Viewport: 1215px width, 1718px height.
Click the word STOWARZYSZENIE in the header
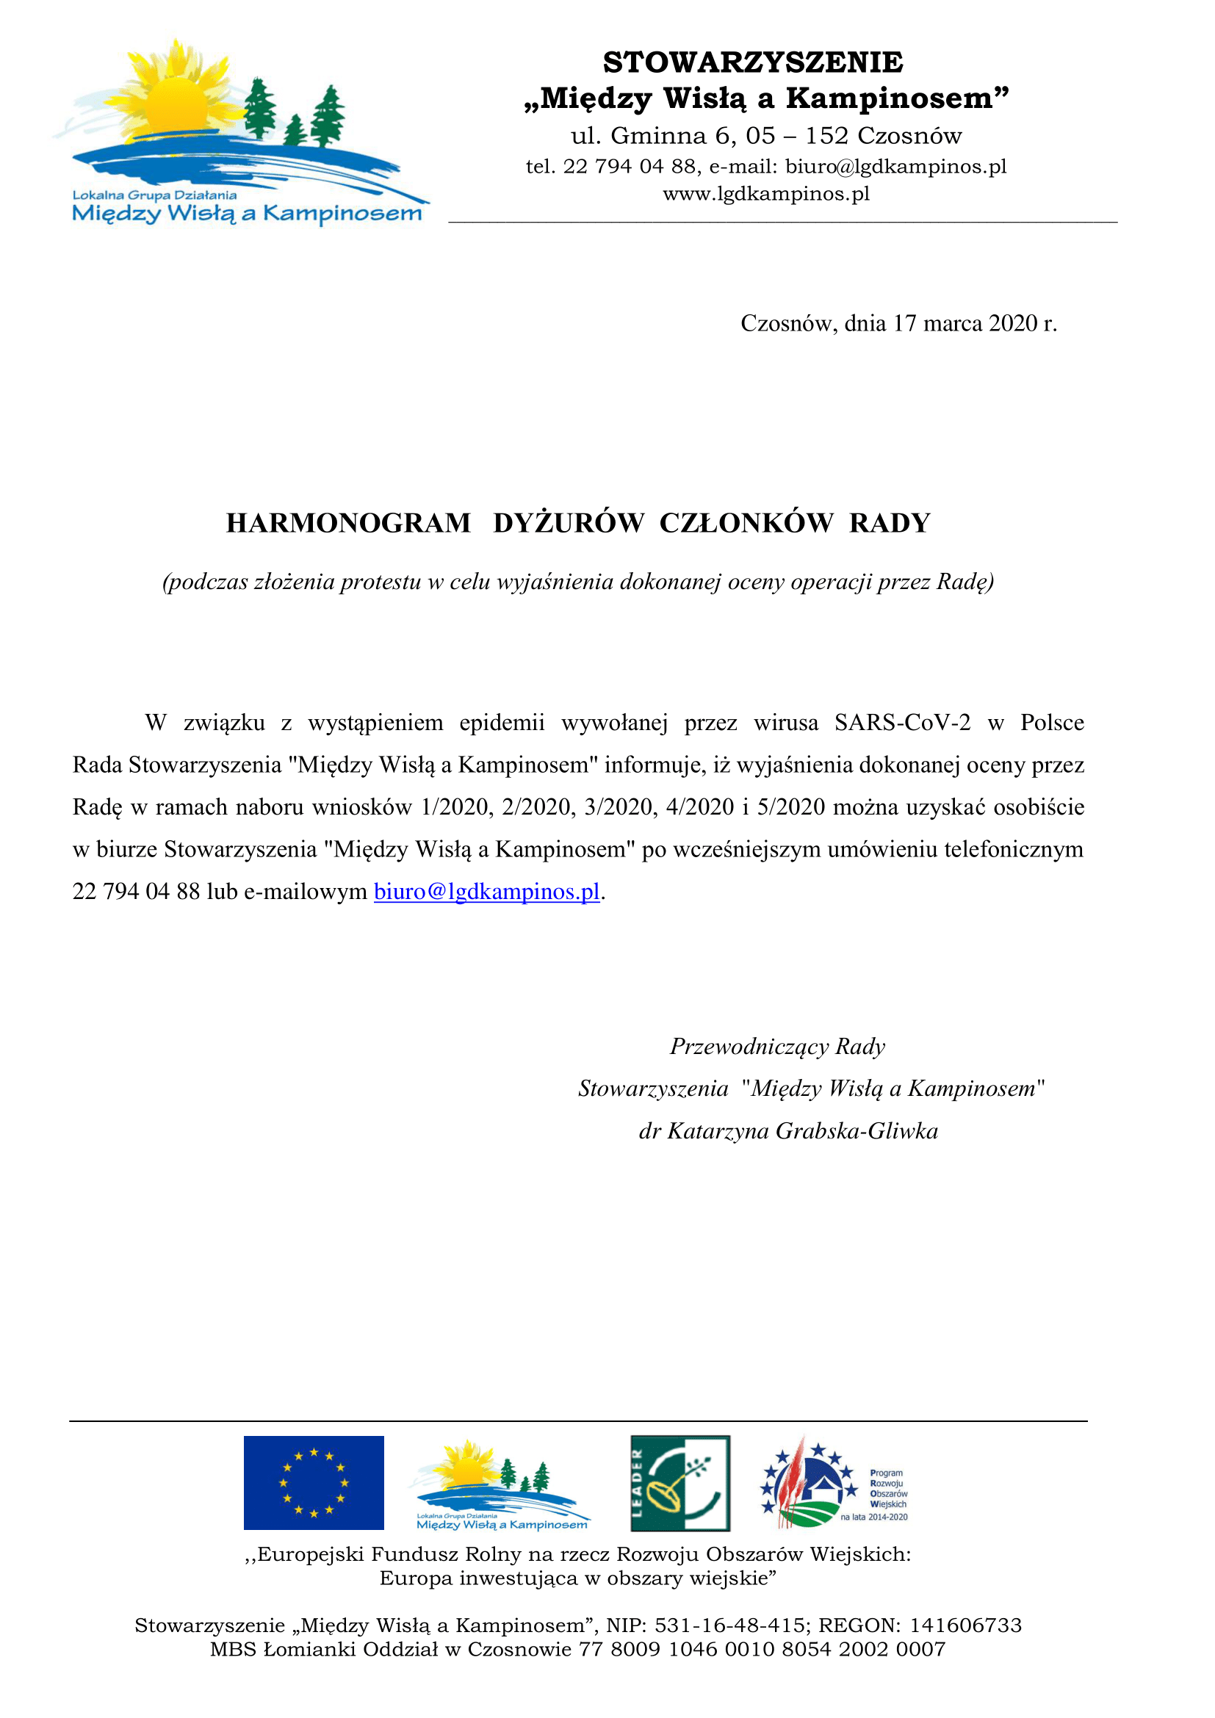[753, 62]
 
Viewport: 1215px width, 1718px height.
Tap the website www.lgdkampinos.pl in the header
[766, 194]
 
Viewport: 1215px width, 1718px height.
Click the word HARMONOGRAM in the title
[349, 523]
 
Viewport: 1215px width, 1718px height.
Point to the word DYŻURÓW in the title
[569, 523]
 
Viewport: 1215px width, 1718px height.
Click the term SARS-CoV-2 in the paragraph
[902, 723]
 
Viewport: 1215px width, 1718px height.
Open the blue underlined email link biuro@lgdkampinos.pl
[487, 891]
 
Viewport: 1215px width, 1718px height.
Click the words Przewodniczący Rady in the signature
[777, 1046]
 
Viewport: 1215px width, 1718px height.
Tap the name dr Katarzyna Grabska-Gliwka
[787, 1130]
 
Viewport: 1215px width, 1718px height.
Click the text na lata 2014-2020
[874, 1517]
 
